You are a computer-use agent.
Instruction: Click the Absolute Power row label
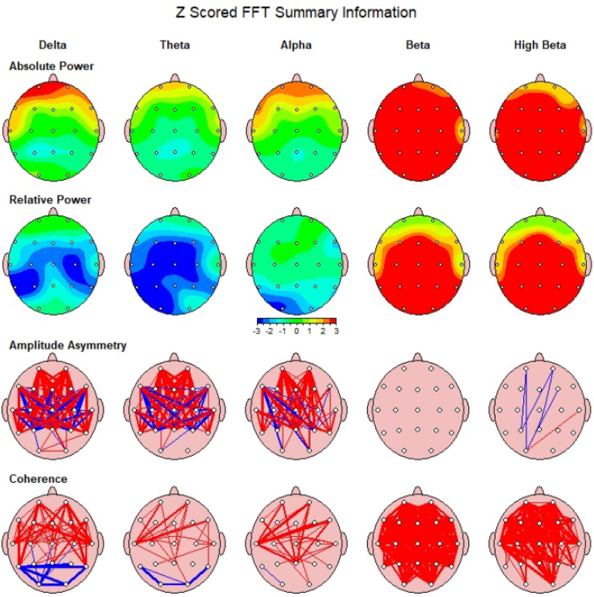[51, 66]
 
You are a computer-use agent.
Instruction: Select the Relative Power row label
[50, 200]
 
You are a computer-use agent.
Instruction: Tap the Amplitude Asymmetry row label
[68, 346]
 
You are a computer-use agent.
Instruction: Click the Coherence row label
[38, 479]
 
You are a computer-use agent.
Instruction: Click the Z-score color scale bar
[296, 321]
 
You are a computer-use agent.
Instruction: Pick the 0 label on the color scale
[296, 332]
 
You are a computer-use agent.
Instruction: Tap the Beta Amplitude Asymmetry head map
[419, 410]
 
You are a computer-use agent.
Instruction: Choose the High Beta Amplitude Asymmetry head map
[540, 410]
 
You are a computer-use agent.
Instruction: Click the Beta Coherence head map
[419, 543]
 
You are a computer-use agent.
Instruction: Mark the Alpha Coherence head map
[298, 543]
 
